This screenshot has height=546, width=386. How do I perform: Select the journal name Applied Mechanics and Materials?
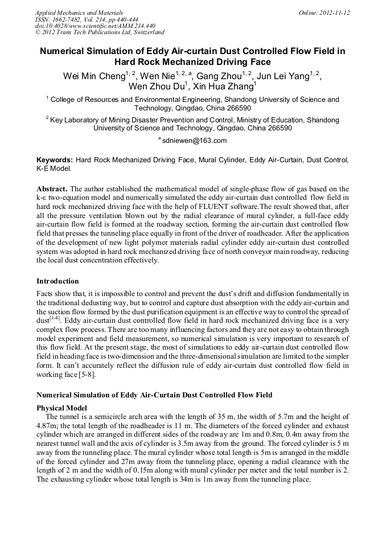coord(79,12)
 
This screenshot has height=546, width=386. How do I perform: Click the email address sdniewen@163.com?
coord(194,141)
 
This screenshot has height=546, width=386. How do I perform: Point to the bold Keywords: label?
coord(55,160)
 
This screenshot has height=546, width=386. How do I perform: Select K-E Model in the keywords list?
coord(54,169)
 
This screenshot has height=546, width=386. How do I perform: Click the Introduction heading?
coord(58,281)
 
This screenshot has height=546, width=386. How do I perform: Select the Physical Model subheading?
coord(61,408)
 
